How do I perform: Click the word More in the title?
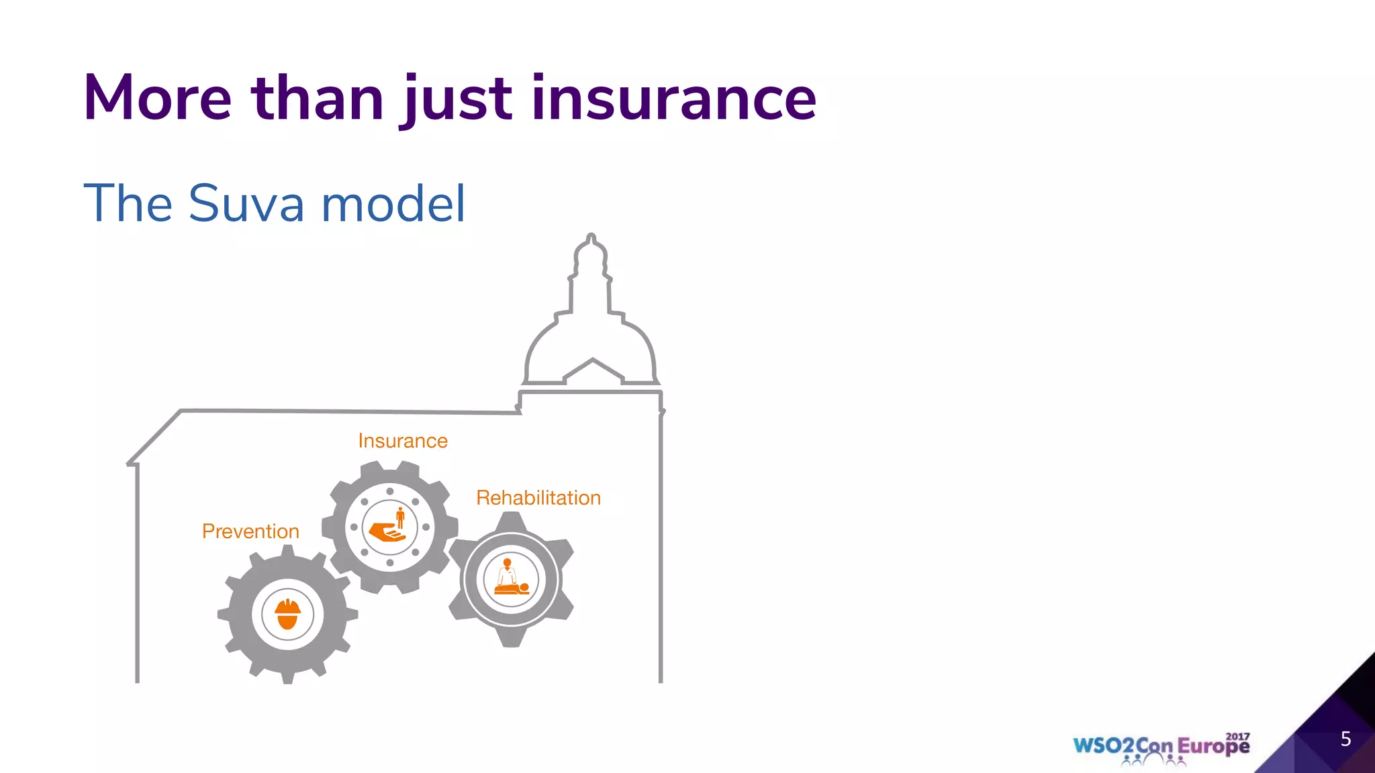click(x=158, y=99)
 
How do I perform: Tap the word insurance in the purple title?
click(x=674, y=99)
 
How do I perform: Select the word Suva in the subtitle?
click(x=246, y=203)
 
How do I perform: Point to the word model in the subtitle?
click(x=393, y=203)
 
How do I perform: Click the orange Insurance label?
click(x=403, y=441)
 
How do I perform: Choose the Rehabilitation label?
click(x=538, y=498)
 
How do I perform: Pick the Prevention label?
click(x=250, y=531)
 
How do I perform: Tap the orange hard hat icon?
click(x=287, y=614)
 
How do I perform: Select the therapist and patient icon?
click(x=511, y=578)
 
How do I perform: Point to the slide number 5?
click(x=1345, y=739)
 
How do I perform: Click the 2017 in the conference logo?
click(x=1237, y=736)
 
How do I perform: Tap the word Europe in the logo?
click(x=1213, y=747)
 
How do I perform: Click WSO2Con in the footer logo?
click(x=1123, y=746)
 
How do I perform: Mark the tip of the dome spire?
click(x=591, y=236)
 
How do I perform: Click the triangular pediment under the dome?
click(x=593, y=371)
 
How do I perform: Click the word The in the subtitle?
click(x=128, y=203)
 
